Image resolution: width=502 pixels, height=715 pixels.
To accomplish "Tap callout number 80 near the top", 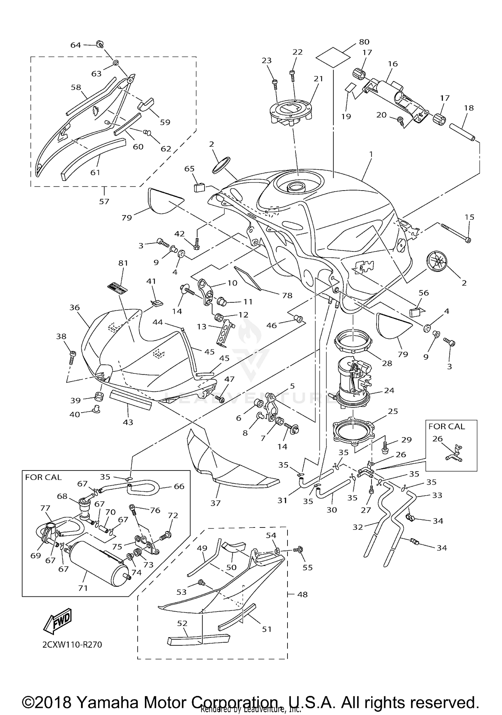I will click(364, 42).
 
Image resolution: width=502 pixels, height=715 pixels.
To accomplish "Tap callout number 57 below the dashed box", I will click(104, 201).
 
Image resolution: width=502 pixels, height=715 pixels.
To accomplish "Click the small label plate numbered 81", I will click(118, 287).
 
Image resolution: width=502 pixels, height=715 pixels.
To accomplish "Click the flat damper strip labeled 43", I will click(131, 400).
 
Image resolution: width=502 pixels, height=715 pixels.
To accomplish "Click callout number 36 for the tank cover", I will click(74, 307).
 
